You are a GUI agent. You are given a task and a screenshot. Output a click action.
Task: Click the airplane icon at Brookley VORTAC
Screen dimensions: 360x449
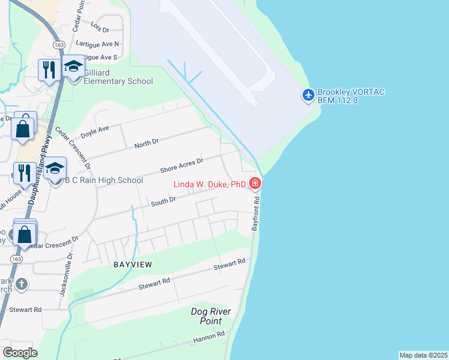[309, 95]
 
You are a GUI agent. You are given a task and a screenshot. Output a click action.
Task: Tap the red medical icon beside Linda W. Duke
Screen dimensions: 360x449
[255, 183]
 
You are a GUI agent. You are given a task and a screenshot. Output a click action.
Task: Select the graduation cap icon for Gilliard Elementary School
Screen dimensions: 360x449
[73, 68]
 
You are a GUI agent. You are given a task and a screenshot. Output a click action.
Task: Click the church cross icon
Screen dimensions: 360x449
[22, 284]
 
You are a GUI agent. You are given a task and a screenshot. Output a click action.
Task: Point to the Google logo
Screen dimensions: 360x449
[20, 353]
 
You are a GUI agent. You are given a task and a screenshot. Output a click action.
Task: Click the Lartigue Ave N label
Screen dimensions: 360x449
[97, 44]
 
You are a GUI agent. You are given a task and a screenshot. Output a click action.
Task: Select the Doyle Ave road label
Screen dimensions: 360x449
[95, 129]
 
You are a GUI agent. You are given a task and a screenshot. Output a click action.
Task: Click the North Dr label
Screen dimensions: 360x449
[146, 142]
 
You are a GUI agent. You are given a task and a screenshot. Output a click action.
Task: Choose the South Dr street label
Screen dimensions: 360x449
[163, 202]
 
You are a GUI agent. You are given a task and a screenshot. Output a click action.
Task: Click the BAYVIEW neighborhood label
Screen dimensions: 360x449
[133, 264]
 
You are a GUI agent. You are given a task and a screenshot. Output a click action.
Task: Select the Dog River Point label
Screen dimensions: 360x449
[210, 316]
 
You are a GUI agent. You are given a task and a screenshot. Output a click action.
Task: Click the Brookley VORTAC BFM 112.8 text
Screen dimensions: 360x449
[351, 96]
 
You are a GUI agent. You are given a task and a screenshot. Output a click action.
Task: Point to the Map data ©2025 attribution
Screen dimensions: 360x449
[423, 355]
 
